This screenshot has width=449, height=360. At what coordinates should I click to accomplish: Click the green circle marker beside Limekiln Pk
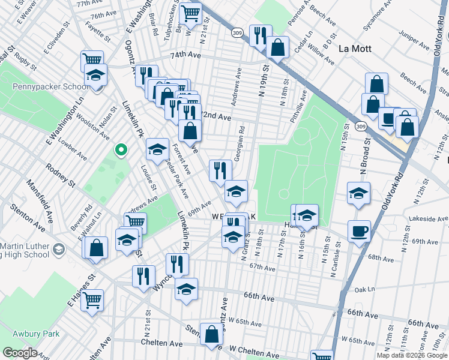[121, 150]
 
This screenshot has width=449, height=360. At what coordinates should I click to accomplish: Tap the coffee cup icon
[359, 230]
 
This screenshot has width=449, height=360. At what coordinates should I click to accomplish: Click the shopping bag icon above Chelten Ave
[211, 335]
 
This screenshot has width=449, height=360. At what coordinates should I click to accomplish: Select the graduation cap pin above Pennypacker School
[95, 75]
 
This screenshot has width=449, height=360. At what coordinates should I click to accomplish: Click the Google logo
[19, 353]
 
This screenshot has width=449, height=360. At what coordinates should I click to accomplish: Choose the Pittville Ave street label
[298, 107]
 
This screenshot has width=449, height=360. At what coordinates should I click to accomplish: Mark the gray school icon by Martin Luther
[58, 248]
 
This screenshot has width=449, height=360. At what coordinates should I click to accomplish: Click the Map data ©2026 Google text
[411, 355]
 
